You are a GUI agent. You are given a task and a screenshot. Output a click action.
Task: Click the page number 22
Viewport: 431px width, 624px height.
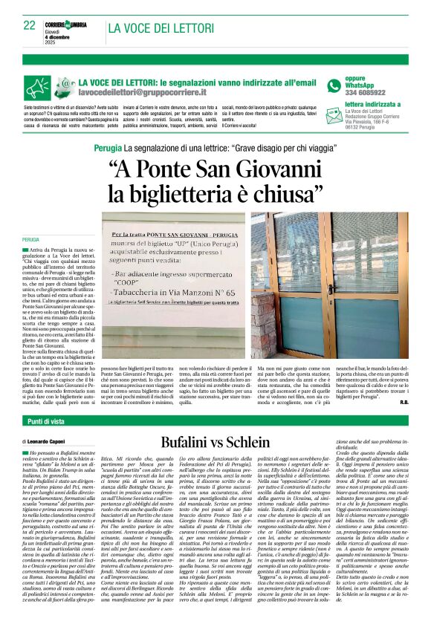(29, 25)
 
